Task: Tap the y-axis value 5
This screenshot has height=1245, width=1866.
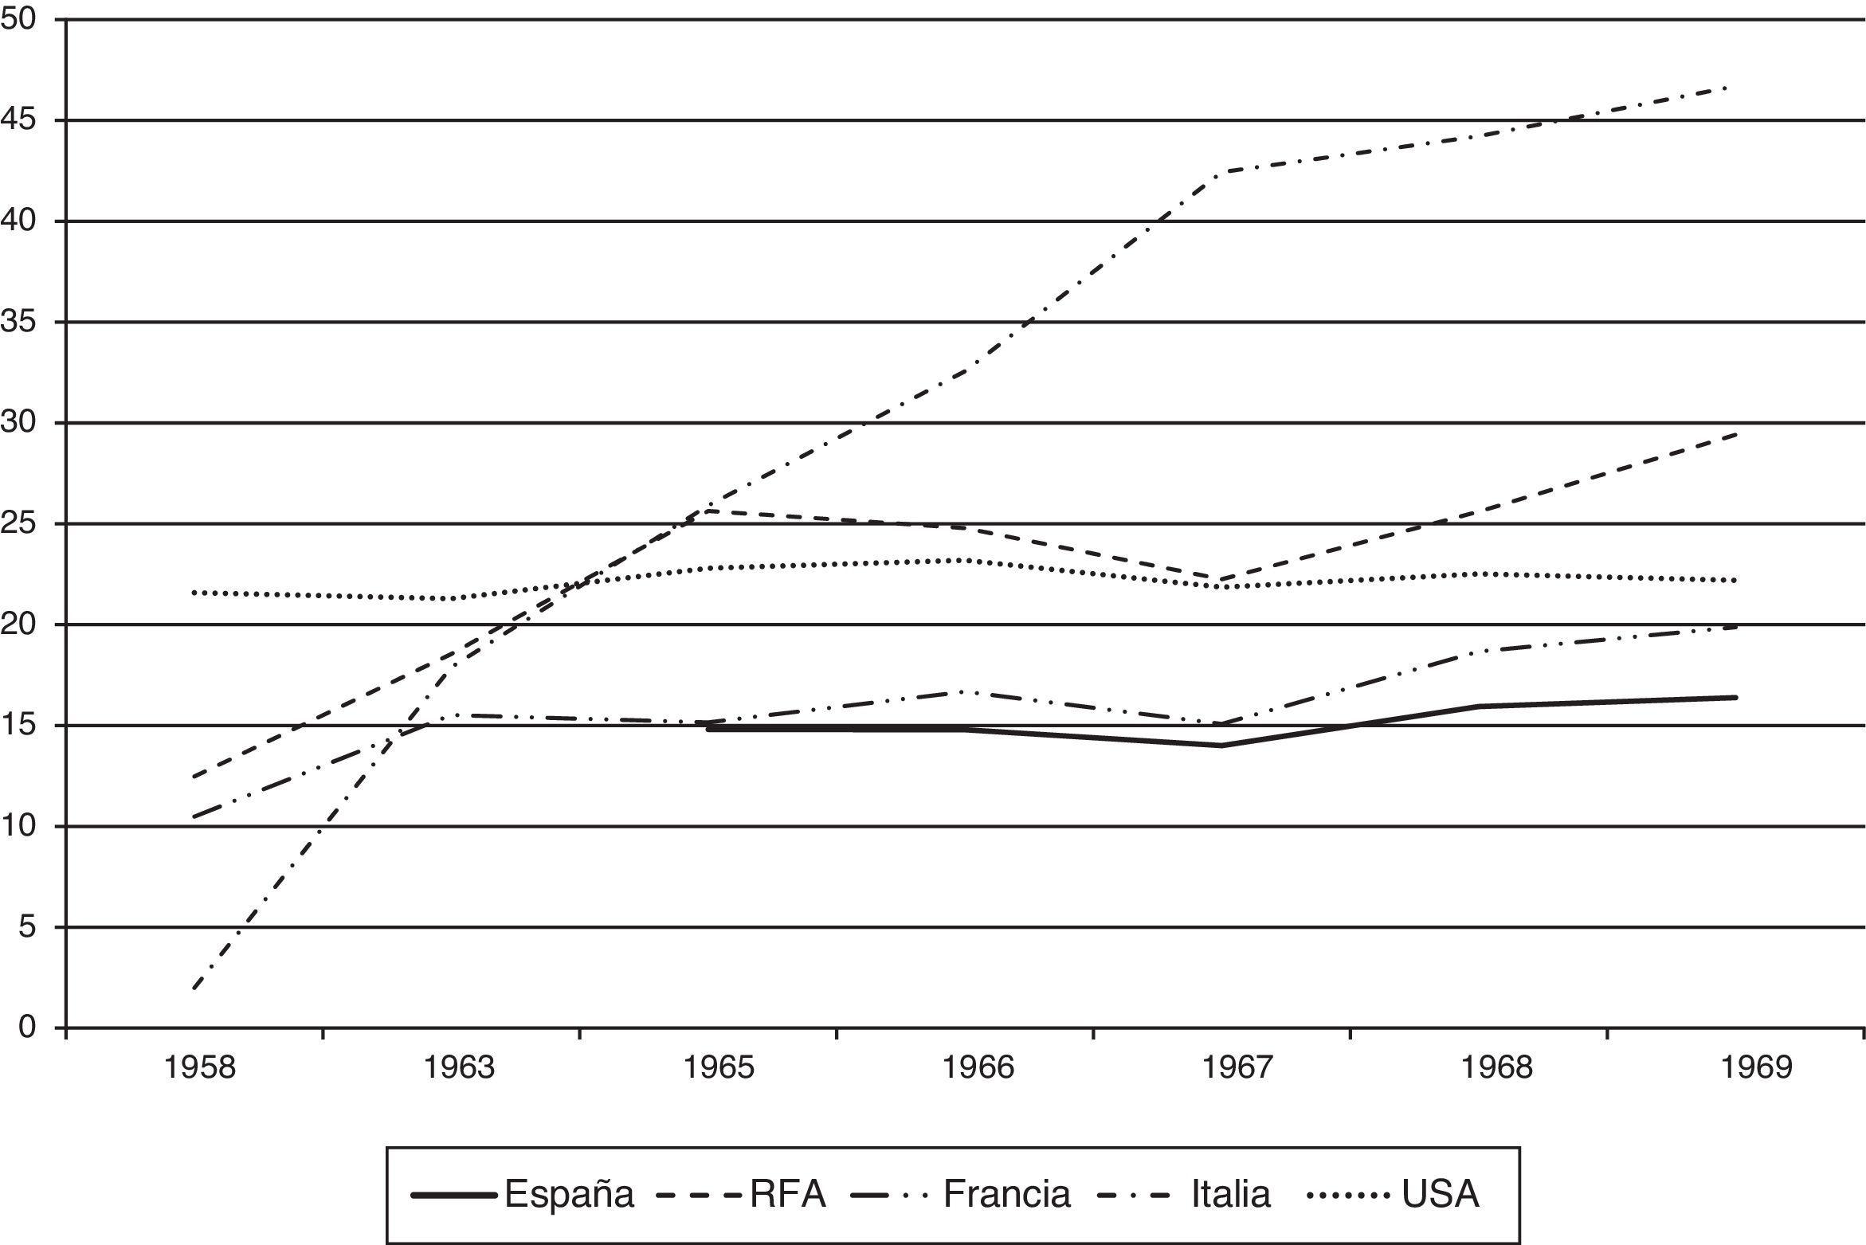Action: (30, 927)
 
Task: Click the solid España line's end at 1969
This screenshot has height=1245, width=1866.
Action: (1736, 697)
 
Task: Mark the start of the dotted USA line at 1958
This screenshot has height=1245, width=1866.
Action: (194, 593)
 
